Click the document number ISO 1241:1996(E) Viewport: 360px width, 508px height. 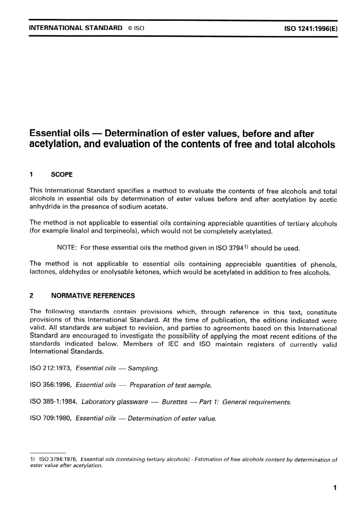pos(310,28)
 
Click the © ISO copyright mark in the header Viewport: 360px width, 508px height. pos(136,28)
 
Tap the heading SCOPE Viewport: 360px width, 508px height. pos(62,175)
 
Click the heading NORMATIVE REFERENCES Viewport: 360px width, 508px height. pos(93,296)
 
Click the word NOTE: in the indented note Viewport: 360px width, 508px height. pos(67,248)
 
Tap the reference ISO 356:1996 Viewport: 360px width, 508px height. pos(51,385)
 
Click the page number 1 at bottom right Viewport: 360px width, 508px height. pos(335,488)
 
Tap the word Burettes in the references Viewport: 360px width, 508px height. pos(174,402)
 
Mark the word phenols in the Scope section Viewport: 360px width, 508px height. pos(324,264)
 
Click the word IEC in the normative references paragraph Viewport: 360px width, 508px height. pos(173,344)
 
